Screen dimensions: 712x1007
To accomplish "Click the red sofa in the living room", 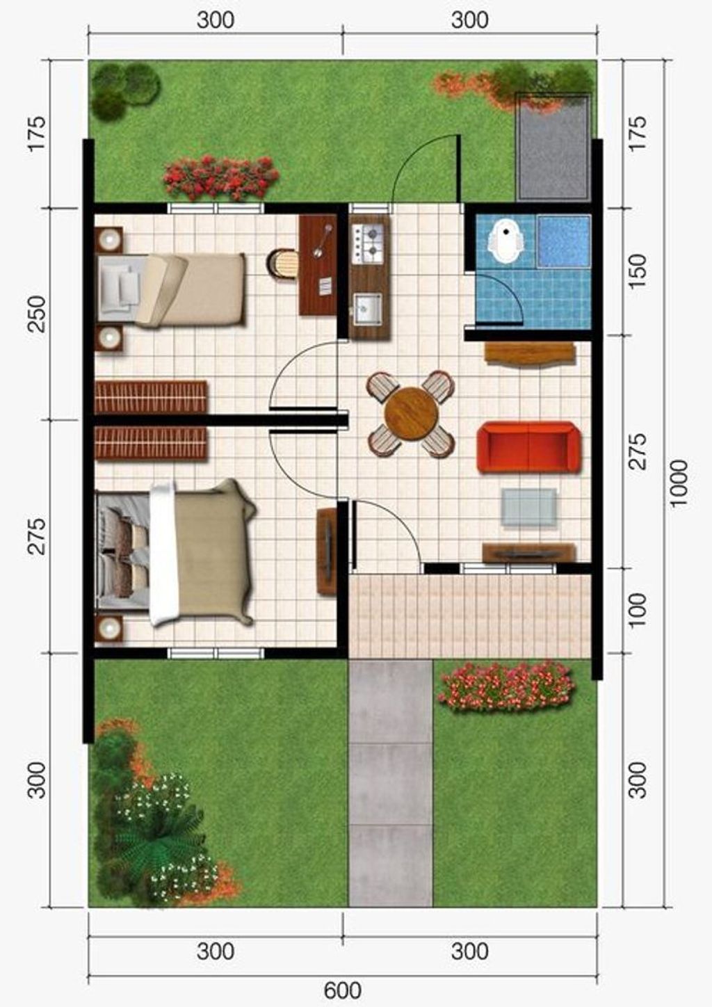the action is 528,447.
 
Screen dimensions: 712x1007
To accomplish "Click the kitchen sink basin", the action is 368,308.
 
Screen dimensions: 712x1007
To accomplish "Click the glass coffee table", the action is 528,507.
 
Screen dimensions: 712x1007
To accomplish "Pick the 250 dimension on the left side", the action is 37,314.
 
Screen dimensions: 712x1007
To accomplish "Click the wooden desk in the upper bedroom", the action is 318,265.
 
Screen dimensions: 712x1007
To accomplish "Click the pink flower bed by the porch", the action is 507,686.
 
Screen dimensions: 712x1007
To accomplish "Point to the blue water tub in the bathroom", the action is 564,241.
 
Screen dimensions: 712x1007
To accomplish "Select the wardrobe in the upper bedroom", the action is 151,397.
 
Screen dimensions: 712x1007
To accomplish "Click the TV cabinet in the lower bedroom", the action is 327,551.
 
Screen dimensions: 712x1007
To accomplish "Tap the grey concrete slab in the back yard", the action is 553,147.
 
